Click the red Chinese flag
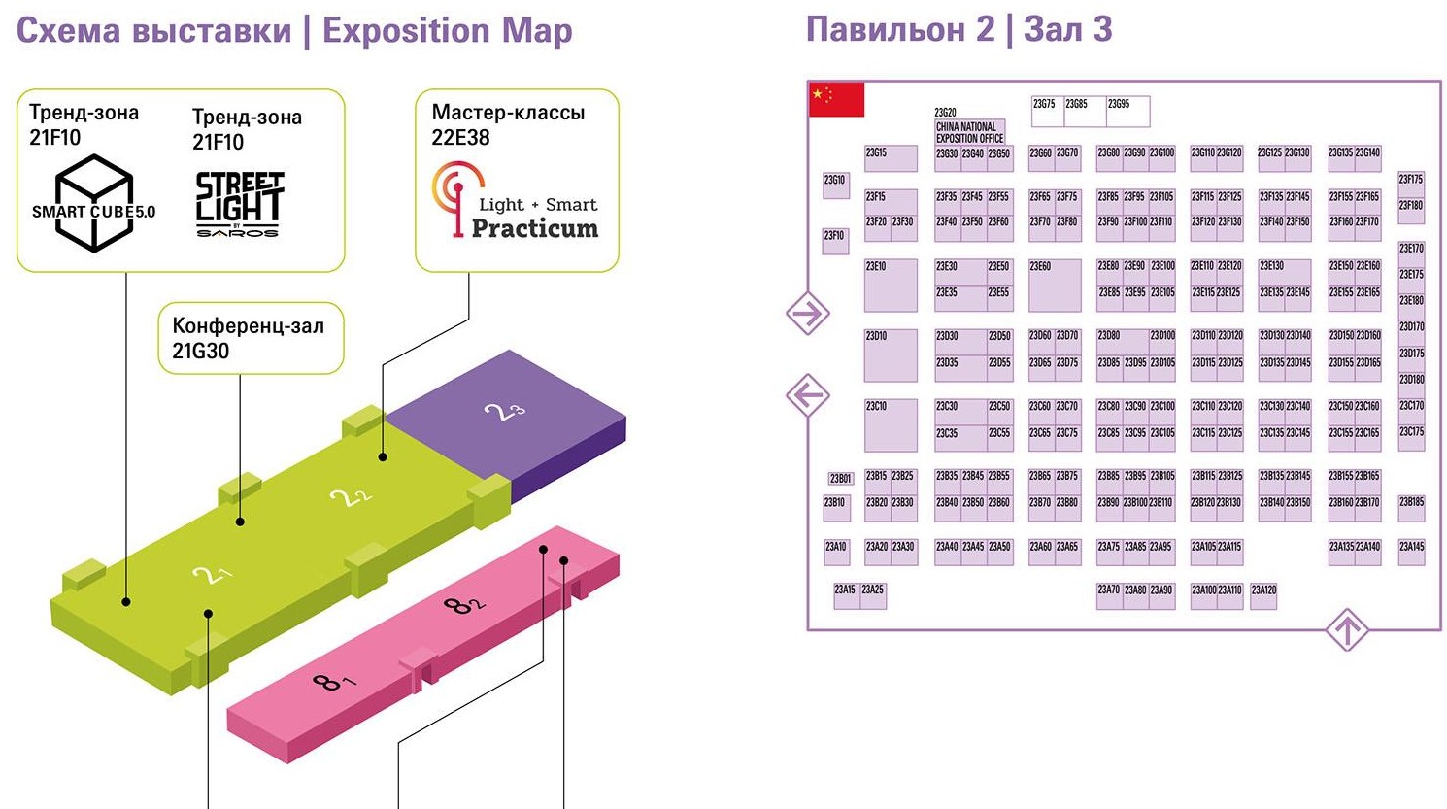click(836, 99)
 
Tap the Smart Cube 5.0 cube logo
click(93, 203)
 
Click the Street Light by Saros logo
click(239, 204)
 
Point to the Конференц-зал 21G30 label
click(249, 338)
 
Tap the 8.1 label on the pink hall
click(332, 680)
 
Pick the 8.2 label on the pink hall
click(463, 605)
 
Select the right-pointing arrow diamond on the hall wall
click(807, 314)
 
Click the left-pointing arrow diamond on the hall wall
click(807, 395)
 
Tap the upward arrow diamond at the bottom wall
click(1347, 630)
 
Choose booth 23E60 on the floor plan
click(1055, 285)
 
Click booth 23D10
click(891, 354)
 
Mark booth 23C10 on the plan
click(891, 424)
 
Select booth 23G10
click(835, 185)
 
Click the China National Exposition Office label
click(969, 132)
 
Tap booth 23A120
click(1263, 595)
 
